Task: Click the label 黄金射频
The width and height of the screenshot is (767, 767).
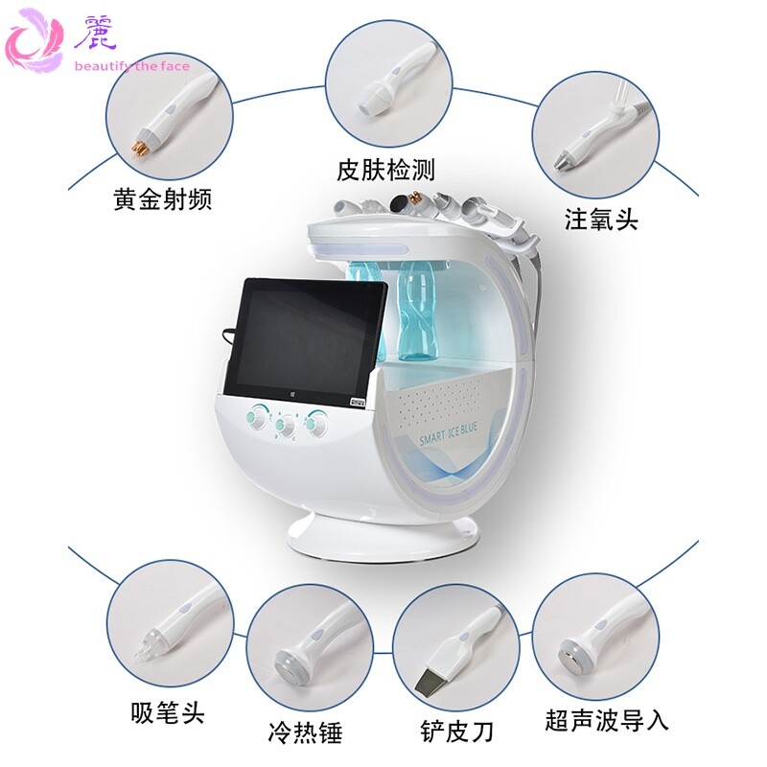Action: click(162, 199)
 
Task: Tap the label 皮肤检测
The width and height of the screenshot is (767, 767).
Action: click(385, 170)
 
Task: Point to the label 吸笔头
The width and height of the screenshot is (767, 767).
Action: click(167, 712)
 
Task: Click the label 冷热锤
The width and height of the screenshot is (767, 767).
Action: click(305, 732)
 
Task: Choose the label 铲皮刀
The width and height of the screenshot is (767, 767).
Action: click(456, 732)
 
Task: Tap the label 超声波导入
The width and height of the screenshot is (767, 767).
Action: click(607, 720)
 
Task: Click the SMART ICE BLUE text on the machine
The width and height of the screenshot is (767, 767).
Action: click(448, 433)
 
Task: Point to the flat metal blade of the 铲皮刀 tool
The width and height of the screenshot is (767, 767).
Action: click(427, 681)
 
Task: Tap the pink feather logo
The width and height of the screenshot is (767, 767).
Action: click(35, 40)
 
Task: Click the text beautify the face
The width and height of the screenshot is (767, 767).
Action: click(132, 66)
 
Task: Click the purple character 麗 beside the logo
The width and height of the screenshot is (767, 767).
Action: click(95, 33)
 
